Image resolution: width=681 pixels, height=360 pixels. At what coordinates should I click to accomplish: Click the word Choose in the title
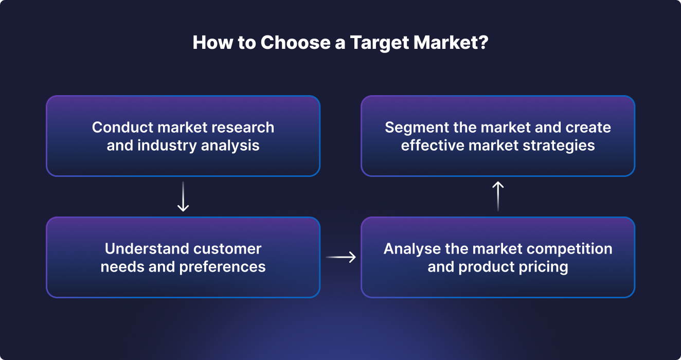295,42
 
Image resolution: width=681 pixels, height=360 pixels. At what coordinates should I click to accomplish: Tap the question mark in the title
482,42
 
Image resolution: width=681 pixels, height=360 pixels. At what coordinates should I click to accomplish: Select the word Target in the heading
380,43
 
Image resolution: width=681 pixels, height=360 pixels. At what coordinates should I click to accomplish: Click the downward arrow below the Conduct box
183,196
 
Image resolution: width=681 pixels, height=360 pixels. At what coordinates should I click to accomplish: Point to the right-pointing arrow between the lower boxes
341,257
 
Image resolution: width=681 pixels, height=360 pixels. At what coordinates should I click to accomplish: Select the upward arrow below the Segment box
498,196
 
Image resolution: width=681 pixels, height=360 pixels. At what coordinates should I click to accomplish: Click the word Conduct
122,127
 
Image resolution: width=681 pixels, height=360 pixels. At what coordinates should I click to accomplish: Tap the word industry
167,146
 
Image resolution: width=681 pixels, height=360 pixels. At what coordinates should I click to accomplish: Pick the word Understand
147,249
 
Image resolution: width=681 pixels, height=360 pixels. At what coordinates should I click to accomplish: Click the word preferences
222,267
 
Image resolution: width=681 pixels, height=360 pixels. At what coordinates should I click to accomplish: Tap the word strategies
559,146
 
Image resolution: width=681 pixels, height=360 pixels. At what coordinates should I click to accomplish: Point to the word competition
569,249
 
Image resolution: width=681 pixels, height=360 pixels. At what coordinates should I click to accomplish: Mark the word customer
227,249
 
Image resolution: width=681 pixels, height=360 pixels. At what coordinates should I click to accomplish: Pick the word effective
433,146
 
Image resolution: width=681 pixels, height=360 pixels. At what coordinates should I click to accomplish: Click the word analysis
230,146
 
